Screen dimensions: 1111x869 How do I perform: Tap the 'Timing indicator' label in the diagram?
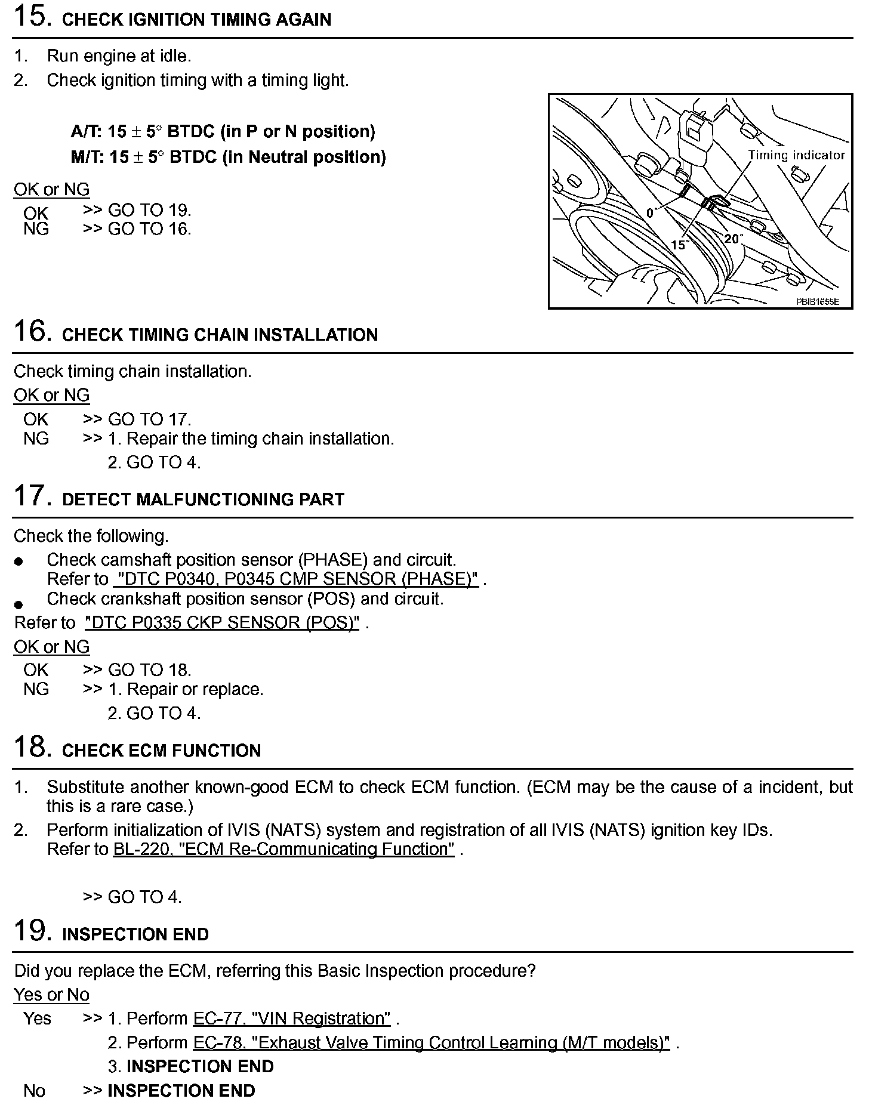pos(796,155)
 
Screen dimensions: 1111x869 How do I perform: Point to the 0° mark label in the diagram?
pos(651,213)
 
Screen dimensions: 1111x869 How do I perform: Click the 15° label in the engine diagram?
pos(680,245)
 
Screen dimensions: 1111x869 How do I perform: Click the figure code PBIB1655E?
pos(817,302)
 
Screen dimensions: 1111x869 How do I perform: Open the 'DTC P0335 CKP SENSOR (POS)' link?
pos(221,623)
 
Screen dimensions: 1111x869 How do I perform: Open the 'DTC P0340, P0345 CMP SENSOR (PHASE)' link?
pos(295,579)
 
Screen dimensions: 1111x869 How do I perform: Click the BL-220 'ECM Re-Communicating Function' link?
pos(283,849)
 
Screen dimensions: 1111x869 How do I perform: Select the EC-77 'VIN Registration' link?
pos(292,1019)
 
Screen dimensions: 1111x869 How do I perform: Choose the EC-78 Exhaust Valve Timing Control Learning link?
pos(431,1042)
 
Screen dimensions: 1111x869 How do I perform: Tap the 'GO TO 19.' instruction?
pos(149,210)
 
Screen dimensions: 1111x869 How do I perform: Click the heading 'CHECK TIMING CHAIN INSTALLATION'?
pos(220,335)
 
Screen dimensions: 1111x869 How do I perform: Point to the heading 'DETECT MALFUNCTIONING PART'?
pos(203,499)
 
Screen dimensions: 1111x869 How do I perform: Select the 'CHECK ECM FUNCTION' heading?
pos(161,751)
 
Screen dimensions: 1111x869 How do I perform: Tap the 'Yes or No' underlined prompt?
pos(51,995)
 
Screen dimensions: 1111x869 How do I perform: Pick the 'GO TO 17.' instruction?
pos(149,419)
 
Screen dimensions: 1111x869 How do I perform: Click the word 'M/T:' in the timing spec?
pos(87,157)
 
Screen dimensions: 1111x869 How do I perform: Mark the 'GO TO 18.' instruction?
pos(149,670)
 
